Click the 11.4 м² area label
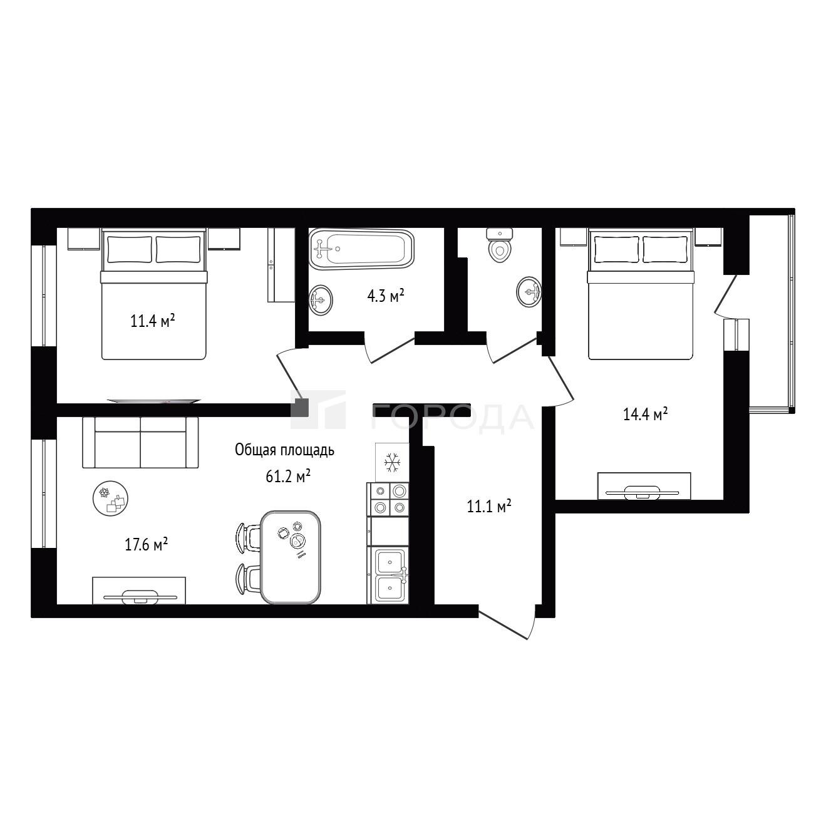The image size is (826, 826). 153,321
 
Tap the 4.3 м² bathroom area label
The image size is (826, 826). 386,296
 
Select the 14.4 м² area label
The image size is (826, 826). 645,414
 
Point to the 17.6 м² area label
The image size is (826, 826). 146,544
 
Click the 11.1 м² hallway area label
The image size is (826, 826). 489,506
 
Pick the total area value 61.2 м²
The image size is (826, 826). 288,476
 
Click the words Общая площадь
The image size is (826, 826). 284,450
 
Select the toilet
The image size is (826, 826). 500,245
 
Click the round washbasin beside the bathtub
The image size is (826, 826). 321,300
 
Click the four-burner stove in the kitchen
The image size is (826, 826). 388,499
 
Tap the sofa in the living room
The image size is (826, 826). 141,442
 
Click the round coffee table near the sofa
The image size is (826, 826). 111,498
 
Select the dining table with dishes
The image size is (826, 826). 291,557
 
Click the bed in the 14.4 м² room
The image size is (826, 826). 641,294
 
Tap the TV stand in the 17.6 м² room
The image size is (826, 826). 139,591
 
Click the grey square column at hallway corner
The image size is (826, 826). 302,407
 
